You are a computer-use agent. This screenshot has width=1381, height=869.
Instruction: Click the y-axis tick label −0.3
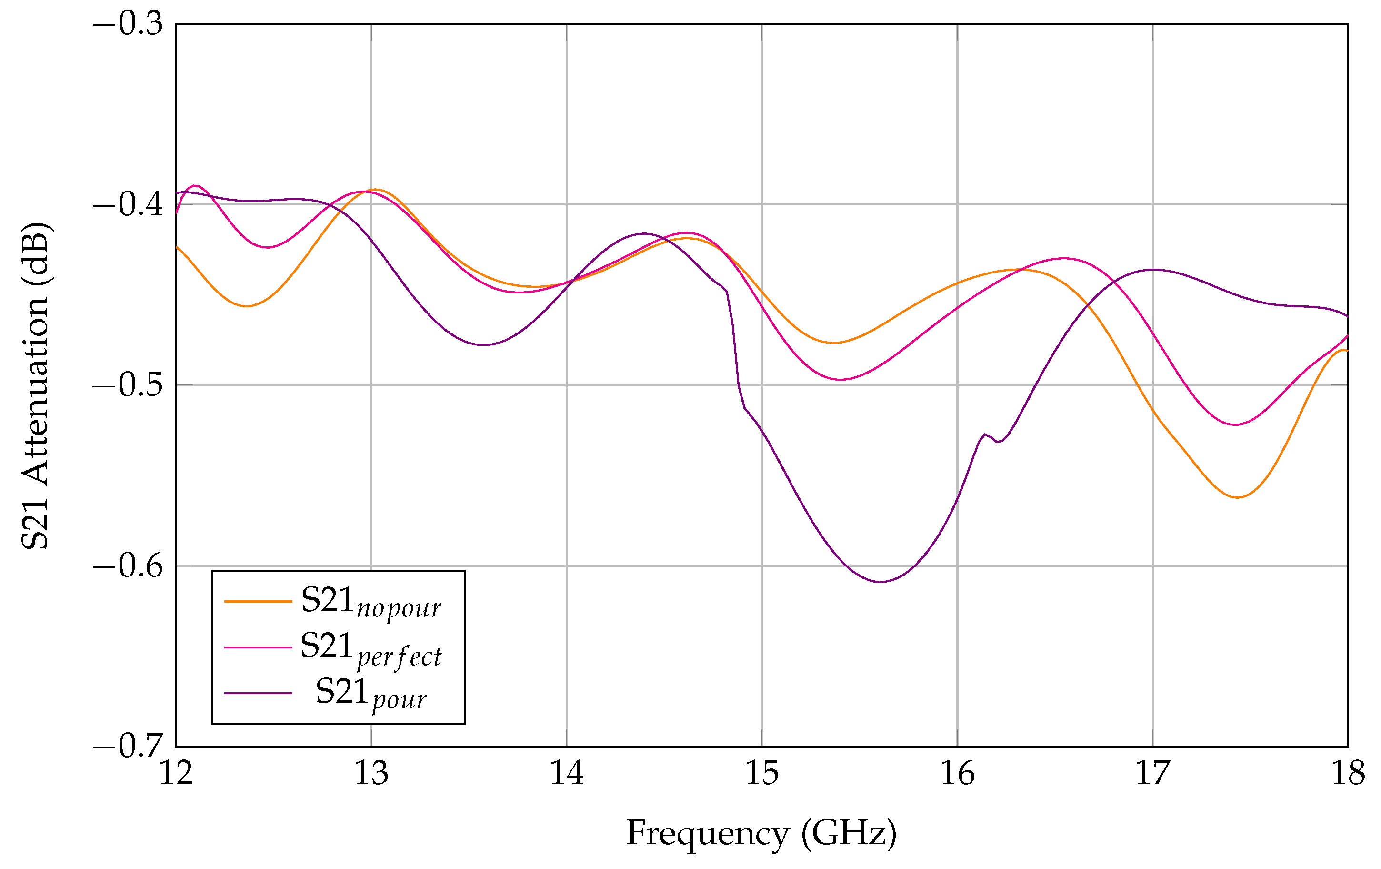coord(128,25)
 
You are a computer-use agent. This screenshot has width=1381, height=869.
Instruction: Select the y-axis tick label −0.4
coord(128,205)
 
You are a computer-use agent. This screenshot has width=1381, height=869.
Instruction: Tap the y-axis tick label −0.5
coord(128,385)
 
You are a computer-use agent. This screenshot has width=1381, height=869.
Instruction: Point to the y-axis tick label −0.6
coord(128,566)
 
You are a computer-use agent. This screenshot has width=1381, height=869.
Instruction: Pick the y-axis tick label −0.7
coord(128,746)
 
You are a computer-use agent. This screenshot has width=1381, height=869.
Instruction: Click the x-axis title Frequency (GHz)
coord(761,833)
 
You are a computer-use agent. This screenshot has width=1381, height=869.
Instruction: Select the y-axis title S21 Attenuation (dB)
coord(36,385)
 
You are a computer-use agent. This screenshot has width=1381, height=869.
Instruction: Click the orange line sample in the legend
coord(258,601)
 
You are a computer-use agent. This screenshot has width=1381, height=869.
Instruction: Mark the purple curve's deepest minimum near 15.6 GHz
coord(881,582)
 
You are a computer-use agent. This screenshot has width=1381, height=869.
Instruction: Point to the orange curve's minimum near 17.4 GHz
coord(1238,497)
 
